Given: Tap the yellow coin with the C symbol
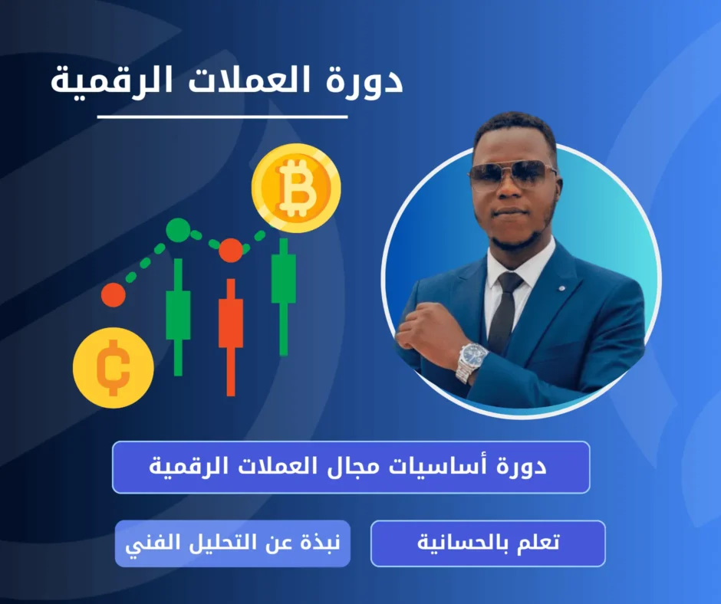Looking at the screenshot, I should pyautogui.click(x=113, y=367).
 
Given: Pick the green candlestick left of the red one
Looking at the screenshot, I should pyautogui.click(x=178, y=314).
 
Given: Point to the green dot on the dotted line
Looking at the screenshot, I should pyautogui.click(x=178, y=228).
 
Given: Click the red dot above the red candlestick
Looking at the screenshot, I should pyautogui.click(x=230, y=250).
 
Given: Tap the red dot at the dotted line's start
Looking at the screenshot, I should pyautogui.click(x=113, y=295).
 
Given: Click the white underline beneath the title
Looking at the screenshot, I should pyautogui.click(x=222, y=117).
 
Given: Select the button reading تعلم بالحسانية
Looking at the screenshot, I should pyautogui.click(x=488, y=543).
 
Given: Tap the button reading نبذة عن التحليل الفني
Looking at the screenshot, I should pyautogui.click(x=232, y=543).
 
